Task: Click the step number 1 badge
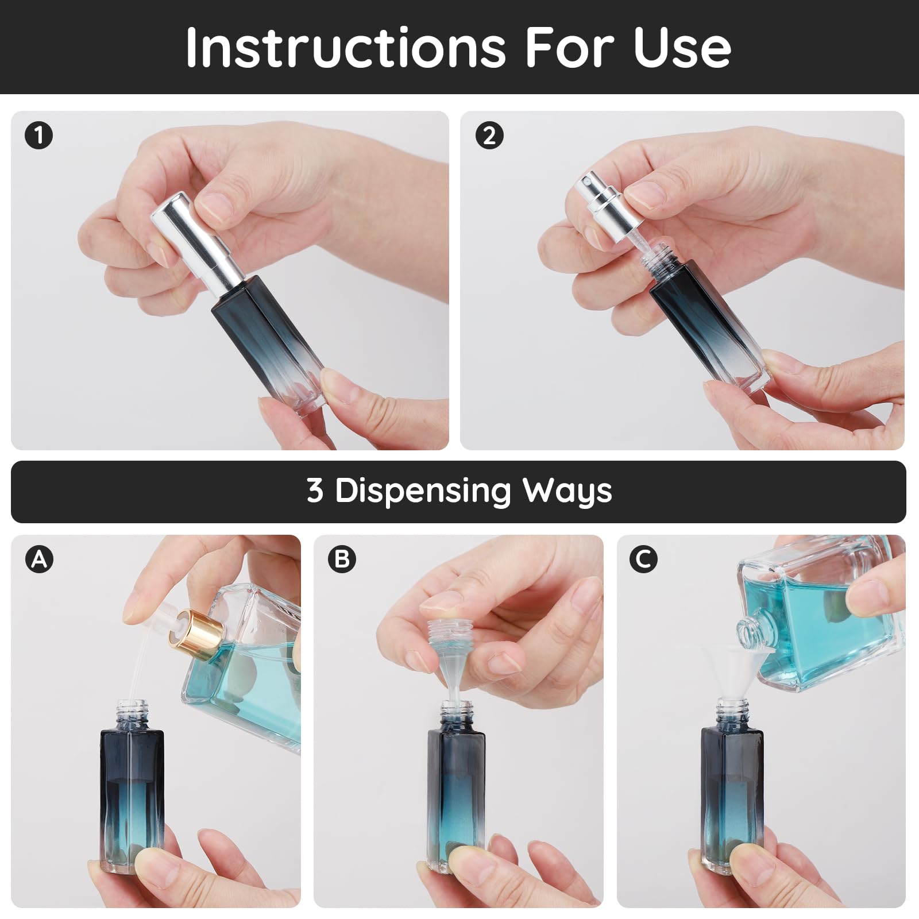(39, 136)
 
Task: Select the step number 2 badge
(489, 136)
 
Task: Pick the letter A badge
(39, 558)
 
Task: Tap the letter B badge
(342, 558)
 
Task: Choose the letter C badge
(643, 558)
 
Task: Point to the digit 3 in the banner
(315, 491)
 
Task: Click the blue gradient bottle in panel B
(457, 798)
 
